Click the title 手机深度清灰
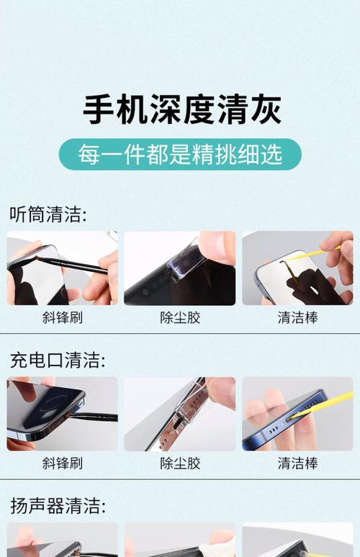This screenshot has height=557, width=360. point(181,110)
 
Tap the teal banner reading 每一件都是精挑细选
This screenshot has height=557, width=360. point(180,154)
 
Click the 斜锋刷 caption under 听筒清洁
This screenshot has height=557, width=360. point(62,317)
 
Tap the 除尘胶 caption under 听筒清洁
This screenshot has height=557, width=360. point(180,317)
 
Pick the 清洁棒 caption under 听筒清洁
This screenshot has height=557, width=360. point(297,317)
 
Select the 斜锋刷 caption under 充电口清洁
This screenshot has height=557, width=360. point(62,463)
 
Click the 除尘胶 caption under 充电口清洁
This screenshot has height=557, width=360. point(180,463)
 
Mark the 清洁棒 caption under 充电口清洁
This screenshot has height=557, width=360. point(297,463)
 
